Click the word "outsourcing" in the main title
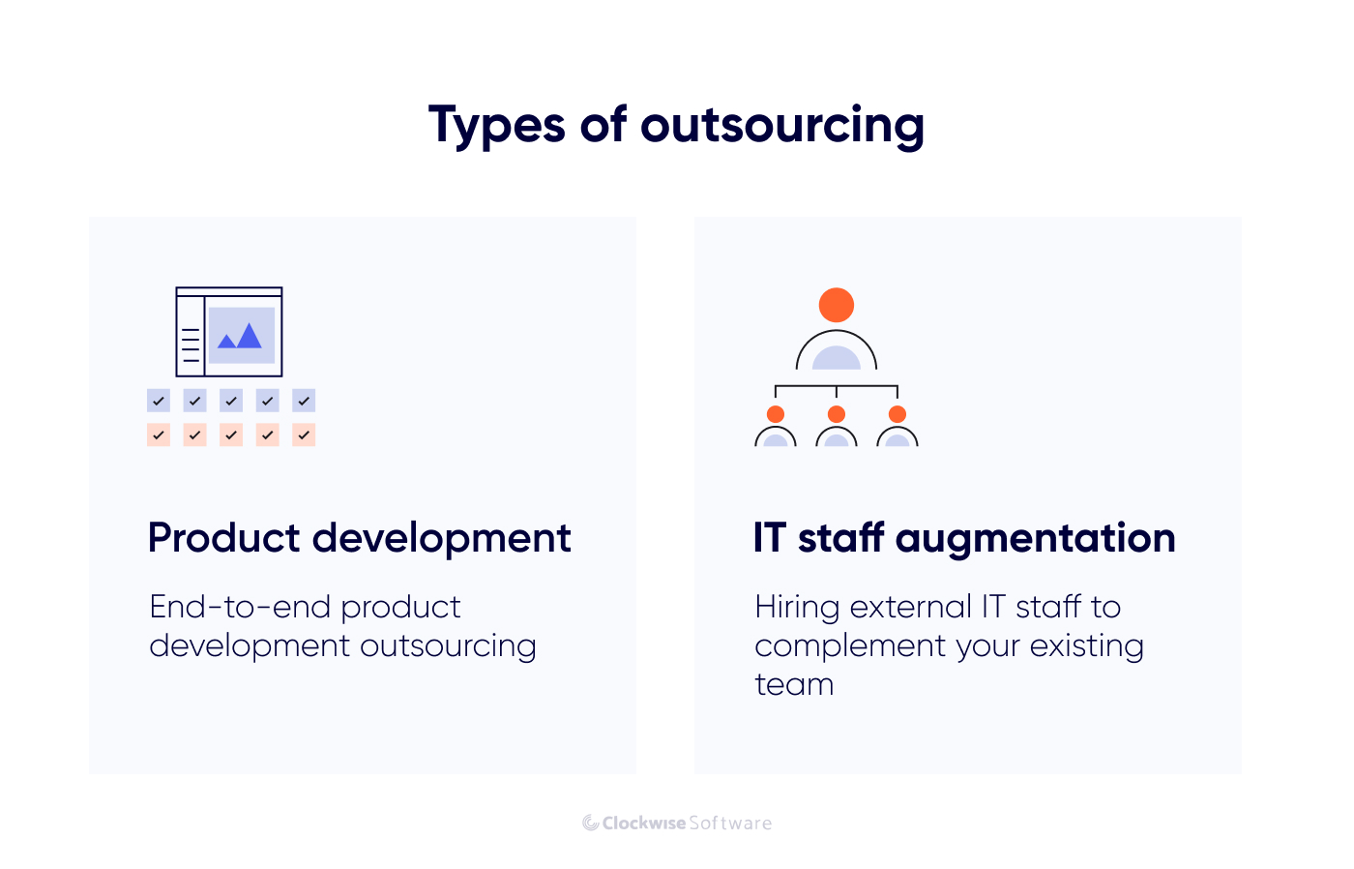tap(782, 126)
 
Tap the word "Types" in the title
tap(497, 126)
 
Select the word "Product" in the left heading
tap(223, 538)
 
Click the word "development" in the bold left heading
tap(442, 539)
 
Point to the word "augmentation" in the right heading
tap(1036, 539)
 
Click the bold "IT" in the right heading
tap(770, 538)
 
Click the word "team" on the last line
tap(794, 684)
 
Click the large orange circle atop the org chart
tap(837, 305)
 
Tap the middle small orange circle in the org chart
tap(837, 414)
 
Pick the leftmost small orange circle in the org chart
tap(776, 414)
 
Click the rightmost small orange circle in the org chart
tap(898, 414)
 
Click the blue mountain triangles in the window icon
tap(240, 336)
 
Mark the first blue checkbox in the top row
tap(159, 401)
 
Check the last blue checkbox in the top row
tap(304, 401)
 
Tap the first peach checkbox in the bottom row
tap(159, 434)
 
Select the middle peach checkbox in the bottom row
tap(231, 434)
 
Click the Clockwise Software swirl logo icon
tap(591, 824)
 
